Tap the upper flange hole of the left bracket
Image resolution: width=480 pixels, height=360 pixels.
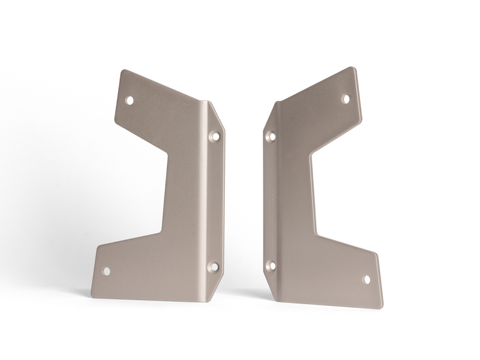click(214, 136)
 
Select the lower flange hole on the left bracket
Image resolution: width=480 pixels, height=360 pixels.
click(213, 266)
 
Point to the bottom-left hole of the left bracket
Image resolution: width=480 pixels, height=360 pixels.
click(106, 271)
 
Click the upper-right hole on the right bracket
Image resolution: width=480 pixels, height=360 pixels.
click(346, 98)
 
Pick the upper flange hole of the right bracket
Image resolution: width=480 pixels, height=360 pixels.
click(271, 136)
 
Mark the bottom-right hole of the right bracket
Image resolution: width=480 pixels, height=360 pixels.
click(367, 279)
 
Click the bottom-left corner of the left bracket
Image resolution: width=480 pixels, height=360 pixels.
click(92, 296)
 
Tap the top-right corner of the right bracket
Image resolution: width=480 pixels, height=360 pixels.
click(354, 68)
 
